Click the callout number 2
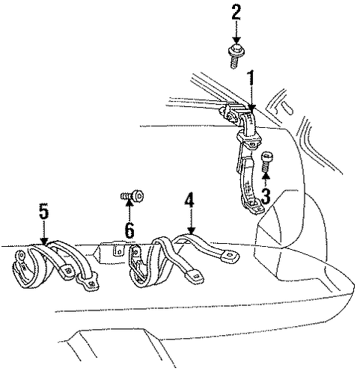click(x=236, y=13)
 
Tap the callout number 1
click(x=251, y=79)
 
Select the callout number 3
click(x=266, y=196)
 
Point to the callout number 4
click(x=189, y=200)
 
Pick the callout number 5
click(x=44, y=212)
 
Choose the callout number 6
click(x=129, y=230)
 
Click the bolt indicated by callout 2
click(x=236, y=56)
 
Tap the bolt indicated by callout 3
click(x=266, y=162)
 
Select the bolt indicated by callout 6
click(x=132, y=195)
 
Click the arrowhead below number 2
click(x=237, y=41)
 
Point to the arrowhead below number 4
click(x=192, y=230)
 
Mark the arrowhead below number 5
click(x=44, y=241)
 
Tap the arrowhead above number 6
click(x=129, y=203)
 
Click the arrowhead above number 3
click(x=266, y=176)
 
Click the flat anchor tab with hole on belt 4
click(x=231, y=255)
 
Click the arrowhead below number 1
click(x=252, y=108)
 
